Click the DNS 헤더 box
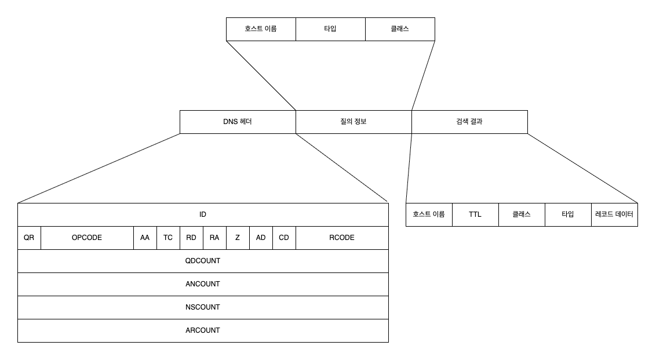238,122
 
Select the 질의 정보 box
353,122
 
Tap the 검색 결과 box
469,122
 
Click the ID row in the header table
203,214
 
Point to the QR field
29,238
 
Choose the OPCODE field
87,238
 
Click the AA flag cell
145,238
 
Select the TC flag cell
168,238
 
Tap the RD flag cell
191,238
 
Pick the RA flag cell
214,238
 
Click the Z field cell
238,238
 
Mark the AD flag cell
261,238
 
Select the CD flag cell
284,238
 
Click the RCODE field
342,238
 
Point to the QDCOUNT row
203,261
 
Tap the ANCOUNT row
203,284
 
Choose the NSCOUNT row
203,307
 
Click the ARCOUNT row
203,330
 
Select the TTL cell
475,214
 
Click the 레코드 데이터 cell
614,214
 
